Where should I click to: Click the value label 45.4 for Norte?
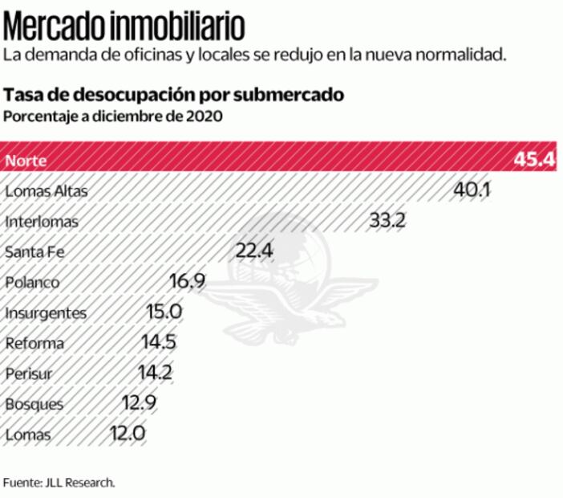click(534, 159)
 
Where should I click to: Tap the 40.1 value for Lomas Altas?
click(472, 190)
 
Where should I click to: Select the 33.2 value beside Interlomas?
click(387, 221)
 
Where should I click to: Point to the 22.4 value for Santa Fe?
click(254, 251)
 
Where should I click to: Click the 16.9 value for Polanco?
click(188, 282)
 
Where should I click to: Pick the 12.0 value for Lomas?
click(127, 435)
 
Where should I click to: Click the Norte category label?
click(26, 160)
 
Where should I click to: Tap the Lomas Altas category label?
click(45, 191)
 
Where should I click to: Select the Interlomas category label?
click(42, 222)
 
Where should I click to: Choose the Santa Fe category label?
click(34, 252)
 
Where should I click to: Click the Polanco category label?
click(32, 283)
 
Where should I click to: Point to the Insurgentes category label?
click(45, 313)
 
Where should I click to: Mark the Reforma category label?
click(34, 344)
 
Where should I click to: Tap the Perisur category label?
click(30, 374)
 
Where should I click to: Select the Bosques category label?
click(34, 405)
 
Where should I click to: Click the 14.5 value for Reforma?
click(159, 343)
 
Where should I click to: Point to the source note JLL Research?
click(59, 483)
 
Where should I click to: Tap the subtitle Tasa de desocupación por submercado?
click(174, 95)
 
